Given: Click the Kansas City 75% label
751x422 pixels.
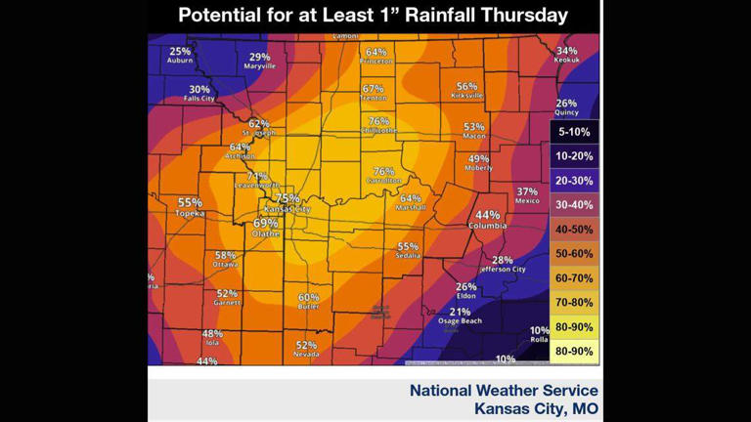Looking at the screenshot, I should coord(287,203).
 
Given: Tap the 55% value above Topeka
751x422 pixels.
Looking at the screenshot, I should coord(190,203).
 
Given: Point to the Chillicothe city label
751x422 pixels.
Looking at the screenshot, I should coord(378,130).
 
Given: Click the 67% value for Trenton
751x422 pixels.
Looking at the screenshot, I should coord(373,89).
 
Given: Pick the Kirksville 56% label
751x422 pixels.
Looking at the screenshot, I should coord(466,90).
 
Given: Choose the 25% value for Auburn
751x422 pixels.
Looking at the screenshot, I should coord(180,52).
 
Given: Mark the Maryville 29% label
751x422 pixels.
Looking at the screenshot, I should coord(259,61).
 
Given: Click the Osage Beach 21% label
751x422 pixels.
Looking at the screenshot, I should coord(460,316).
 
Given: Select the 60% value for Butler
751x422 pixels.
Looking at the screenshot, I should coord(308,297).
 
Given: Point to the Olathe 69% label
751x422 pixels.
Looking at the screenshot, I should coord(266,228).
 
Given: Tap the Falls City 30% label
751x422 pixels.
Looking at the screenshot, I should coord(199,94).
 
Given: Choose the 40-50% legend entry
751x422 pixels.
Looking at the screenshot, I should coord(574,230).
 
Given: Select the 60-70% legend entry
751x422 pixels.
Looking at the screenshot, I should coord(574,278).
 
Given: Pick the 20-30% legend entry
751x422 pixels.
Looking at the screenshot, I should coord(574,182).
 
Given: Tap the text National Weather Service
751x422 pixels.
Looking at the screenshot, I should coord(504,390).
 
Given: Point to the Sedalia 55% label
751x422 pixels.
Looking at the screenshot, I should coord(408,251).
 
